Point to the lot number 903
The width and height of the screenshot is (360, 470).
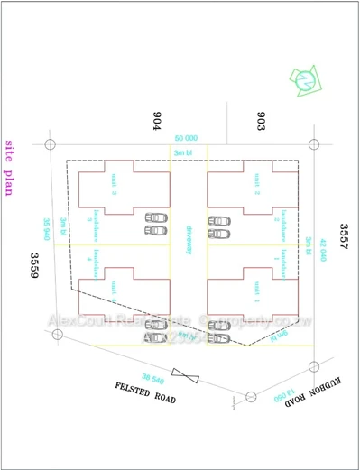260,122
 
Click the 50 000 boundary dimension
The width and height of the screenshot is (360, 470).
187,137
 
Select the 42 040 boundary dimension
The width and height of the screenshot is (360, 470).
322,243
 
